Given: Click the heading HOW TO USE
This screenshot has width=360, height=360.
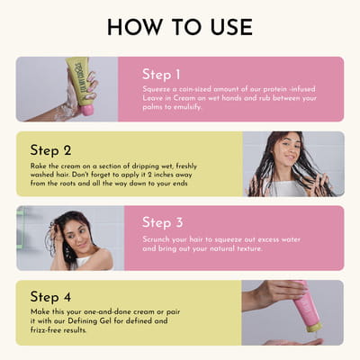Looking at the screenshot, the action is pos(180,27).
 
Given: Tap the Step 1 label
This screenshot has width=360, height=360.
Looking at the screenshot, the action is pos(161,75).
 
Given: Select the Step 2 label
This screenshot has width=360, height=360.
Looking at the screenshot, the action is pos(50,150).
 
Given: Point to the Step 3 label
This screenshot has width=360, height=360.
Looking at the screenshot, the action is pos(162,222).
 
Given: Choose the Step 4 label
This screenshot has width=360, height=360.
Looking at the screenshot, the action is pos(50,297).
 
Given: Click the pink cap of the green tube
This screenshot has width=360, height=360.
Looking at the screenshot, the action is pos(87,110).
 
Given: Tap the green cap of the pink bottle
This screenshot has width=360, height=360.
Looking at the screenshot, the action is pos(314,327).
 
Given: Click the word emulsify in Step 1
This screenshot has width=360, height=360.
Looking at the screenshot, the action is pos(186,107).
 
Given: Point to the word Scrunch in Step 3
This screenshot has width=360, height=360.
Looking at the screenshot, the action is pos(155,239).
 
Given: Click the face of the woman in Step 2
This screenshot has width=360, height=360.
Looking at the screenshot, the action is pos(286,148).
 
